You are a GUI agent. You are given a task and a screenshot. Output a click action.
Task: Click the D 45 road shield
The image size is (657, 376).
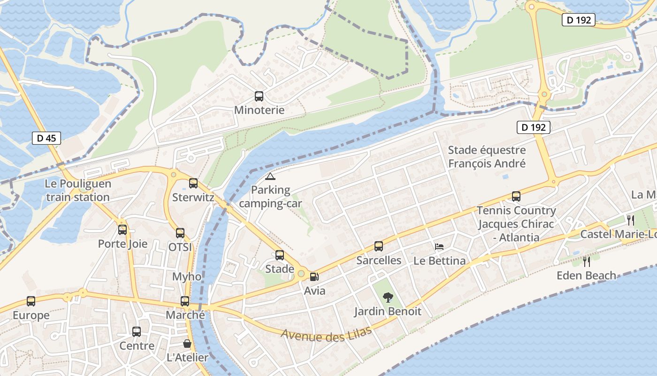46,138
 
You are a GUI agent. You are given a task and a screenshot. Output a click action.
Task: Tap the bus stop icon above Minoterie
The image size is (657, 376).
259,96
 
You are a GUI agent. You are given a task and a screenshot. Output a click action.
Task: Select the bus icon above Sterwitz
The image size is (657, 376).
193,183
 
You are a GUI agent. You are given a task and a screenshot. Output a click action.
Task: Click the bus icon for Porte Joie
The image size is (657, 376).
122,230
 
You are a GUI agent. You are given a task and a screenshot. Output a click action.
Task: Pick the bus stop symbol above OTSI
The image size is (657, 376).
180,233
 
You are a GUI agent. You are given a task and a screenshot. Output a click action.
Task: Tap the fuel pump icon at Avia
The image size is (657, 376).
314,277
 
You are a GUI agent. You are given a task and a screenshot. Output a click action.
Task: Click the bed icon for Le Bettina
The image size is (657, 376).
439,247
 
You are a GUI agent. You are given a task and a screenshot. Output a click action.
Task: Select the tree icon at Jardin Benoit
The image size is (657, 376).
388,297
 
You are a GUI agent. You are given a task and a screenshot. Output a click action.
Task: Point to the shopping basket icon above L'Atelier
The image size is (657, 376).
187,344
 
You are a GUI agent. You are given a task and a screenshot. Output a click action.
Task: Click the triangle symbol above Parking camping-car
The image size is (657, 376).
270,177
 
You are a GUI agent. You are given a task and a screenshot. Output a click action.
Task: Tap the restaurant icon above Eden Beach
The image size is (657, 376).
586,261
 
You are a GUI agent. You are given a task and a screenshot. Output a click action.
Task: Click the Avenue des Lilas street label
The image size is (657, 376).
327,334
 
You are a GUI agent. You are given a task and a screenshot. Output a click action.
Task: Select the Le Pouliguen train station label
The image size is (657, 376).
78,190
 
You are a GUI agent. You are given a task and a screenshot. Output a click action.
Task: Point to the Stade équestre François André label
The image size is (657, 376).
487,157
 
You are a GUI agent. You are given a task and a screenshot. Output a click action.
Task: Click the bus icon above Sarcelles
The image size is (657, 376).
379,246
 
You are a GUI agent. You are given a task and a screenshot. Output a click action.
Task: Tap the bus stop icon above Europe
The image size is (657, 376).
31,301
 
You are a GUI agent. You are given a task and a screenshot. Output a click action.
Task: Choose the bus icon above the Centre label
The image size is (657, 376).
137,332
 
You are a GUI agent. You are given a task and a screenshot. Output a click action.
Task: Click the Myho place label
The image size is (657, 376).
187,276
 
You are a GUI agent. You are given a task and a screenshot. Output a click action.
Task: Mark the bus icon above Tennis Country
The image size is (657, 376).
516,196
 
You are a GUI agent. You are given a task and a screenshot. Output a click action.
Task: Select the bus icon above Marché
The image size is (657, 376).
185,301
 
